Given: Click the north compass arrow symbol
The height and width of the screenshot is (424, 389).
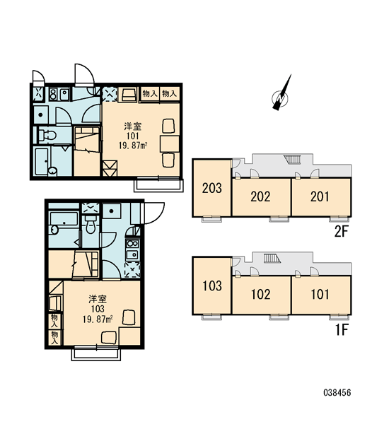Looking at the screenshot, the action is click(281, 95).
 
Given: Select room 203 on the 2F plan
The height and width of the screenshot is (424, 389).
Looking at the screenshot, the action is click(211, 188).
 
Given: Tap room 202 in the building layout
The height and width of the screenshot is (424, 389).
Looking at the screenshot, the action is click(261, 196).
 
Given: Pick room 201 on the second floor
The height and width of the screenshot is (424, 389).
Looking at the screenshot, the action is click(321, 196).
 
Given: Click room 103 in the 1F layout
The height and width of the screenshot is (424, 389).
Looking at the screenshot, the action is click(211, 285).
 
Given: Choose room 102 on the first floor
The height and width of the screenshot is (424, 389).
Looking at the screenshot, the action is click(261, 295).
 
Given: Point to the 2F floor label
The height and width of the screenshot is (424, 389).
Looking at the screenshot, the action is click(341, 232).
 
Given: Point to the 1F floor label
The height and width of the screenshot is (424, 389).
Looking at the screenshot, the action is click(342, 329).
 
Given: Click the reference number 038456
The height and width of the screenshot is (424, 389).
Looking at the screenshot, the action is click(337, 393).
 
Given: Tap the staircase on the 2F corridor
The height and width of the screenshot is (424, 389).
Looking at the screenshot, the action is click(292, 159).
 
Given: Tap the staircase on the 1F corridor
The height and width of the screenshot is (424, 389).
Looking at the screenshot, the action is click(272, 258).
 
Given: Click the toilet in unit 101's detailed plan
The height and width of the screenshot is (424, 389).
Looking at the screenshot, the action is click(47, 134).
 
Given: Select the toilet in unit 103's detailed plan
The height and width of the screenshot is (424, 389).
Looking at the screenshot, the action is click(89, 223).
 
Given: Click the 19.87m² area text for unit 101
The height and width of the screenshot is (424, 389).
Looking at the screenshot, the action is click(133, 146).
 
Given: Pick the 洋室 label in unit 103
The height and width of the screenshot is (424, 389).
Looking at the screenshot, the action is click(98, 299).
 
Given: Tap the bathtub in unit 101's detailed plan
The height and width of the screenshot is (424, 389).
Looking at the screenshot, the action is click(42, 161).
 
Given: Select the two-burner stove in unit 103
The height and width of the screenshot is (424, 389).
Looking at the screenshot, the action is click(132, 243).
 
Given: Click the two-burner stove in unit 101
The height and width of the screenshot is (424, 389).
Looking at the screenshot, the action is click(52, 94).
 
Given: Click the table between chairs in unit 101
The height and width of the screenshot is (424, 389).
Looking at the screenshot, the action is click(170, 144).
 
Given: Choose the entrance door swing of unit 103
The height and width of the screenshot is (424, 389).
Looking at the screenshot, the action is click(153, 213).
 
